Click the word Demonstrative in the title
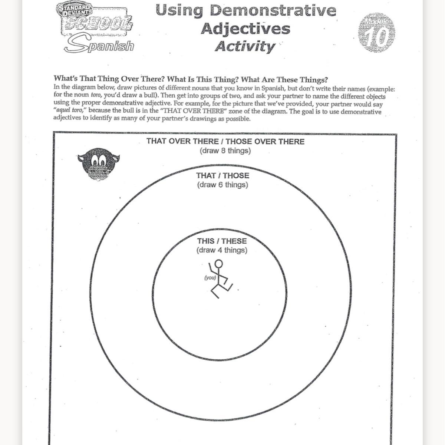273,10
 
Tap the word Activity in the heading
245,47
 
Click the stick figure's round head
219,264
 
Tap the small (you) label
210,277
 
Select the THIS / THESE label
222,241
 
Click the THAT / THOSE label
222,176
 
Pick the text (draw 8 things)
225,151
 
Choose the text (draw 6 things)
222,185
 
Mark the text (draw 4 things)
222,250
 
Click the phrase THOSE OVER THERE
265,142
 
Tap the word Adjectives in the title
245,29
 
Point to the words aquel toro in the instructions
70,111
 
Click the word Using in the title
179,10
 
